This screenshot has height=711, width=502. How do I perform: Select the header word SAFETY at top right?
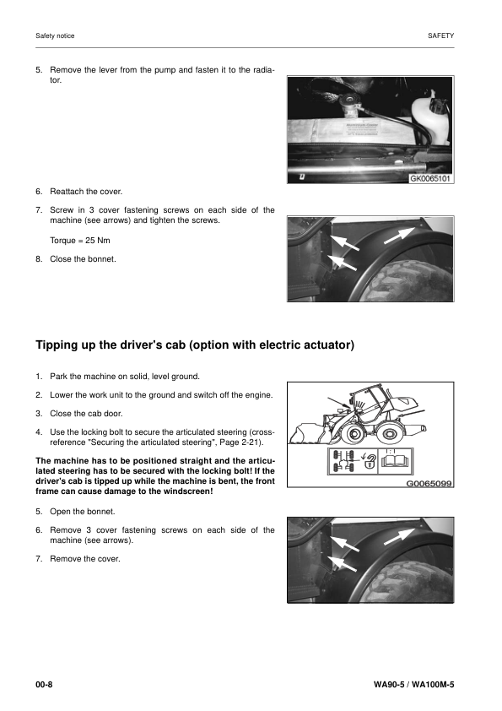tap(440, 35)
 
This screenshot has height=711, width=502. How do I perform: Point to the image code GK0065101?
tap(431, 179)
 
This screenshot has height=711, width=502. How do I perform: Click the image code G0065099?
tap(429, 485)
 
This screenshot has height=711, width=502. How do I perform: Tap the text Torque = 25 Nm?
tap(80, 240)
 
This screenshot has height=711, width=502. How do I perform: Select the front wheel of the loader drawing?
tap(354, 433)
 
